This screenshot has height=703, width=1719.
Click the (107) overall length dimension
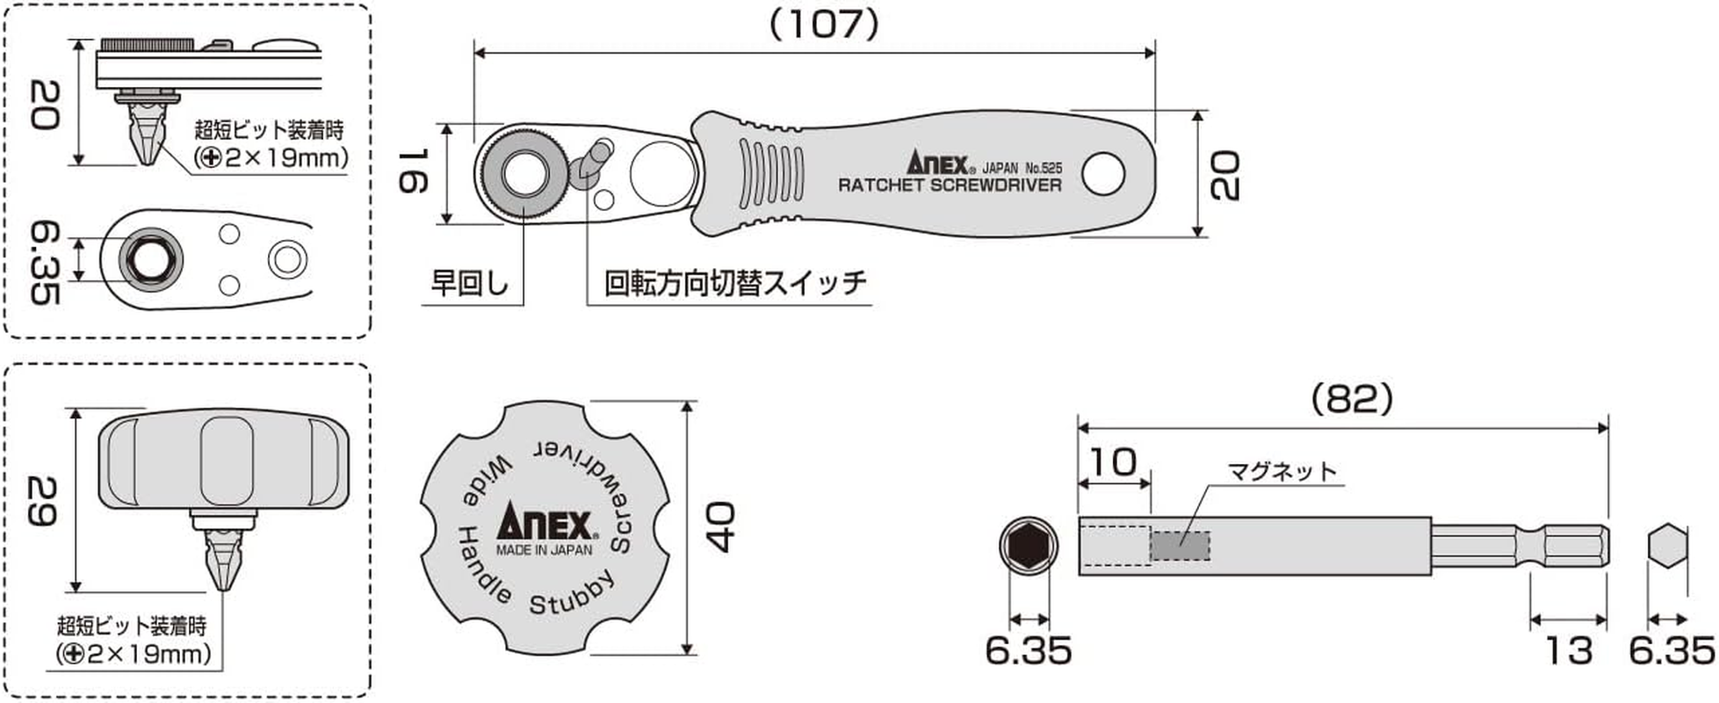[x=823, y=25]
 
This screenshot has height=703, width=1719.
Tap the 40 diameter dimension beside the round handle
[x=721, y=527]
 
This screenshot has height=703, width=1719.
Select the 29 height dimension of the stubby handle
[x=42, y=501]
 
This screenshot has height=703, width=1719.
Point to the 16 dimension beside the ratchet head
[x=413, y=171]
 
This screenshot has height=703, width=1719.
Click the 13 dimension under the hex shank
[x=1567, y=650]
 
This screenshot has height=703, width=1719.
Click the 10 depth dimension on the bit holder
[x=1112, y=461]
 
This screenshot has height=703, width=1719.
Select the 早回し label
[x=470, y=283]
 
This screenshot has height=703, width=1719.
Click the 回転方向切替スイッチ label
[x=734, y=283]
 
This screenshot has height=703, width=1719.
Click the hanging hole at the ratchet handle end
[x=1103, y=174]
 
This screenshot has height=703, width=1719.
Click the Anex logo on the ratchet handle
[x=936, y=163]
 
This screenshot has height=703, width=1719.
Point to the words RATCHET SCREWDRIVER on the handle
[x=949, y=185]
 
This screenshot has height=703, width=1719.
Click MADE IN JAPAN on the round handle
[x=544, y=550]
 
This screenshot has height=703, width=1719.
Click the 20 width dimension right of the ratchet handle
[x=1224, y=175]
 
